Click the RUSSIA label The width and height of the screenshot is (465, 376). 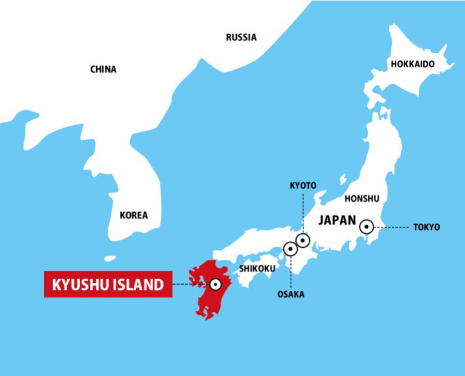pos(241,37)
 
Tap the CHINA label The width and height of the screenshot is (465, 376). pos(103,70)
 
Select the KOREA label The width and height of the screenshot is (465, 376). pos(133,215)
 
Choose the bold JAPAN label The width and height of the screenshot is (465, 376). pos(337,220)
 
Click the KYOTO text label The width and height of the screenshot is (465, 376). pos(303,185)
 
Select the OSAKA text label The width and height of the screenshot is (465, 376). pos(291,294)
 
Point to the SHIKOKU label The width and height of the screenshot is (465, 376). pos(257,268)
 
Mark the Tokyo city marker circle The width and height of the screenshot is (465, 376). pos(366,227)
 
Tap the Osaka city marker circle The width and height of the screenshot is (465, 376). pos(291,248)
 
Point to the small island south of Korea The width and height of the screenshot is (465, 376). pos(110,259)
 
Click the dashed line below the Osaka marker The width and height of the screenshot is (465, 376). pos(291,272)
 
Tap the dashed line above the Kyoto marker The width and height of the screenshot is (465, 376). pos(303,212)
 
